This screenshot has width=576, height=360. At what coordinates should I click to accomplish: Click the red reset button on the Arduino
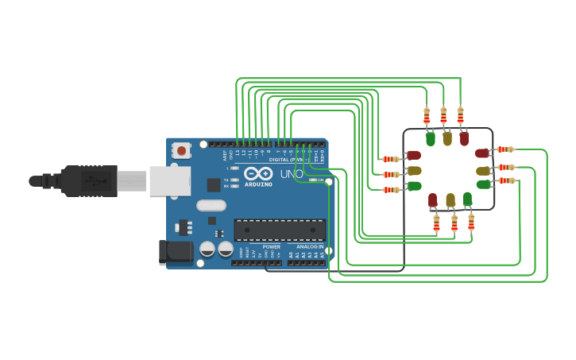(x=182, y=149)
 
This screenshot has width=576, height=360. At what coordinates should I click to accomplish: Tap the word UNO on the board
(x=292, y=174)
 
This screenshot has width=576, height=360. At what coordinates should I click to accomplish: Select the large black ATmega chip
(x=279, y=230)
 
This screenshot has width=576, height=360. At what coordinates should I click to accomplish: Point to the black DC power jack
(x=175, y=252)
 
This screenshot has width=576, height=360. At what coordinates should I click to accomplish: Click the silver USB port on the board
(x=170, y=180)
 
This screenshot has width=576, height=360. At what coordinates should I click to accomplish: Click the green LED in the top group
(x=431, y=139)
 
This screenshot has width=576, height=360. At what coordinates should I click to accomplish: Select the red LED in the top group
(x=464, y=138)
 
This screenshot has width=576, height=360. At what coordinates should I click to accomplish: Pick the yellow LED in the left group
(x=413, y=171)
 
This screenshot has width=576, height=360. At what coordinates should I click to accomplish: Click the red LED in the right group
(x=482, y=153)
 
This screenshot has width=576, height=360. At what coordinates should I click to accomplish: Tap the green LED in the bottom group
(x=467, y=199)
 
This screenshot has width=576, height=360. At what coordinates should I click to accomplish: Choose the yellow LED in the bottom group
(x=450, y=199)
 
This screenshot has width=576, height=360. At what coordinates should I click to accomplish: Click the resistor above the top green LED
(x=427, y=115)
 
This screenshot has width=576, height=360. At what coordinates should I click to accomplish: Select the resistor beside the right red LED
(x=505, y=149)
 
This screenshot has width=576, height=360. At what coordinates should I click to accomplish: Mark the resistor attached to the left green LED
(x=391, y=189)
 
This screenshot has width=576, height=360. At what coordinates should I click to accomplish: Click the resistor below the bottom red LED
(x=436, y=224)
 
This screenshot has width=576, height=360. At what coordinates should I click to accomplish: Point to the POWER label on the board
(x=271, y=247)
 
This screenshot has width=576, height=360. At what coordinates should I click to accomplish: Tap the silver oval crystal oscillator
(x=211, y=205)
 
